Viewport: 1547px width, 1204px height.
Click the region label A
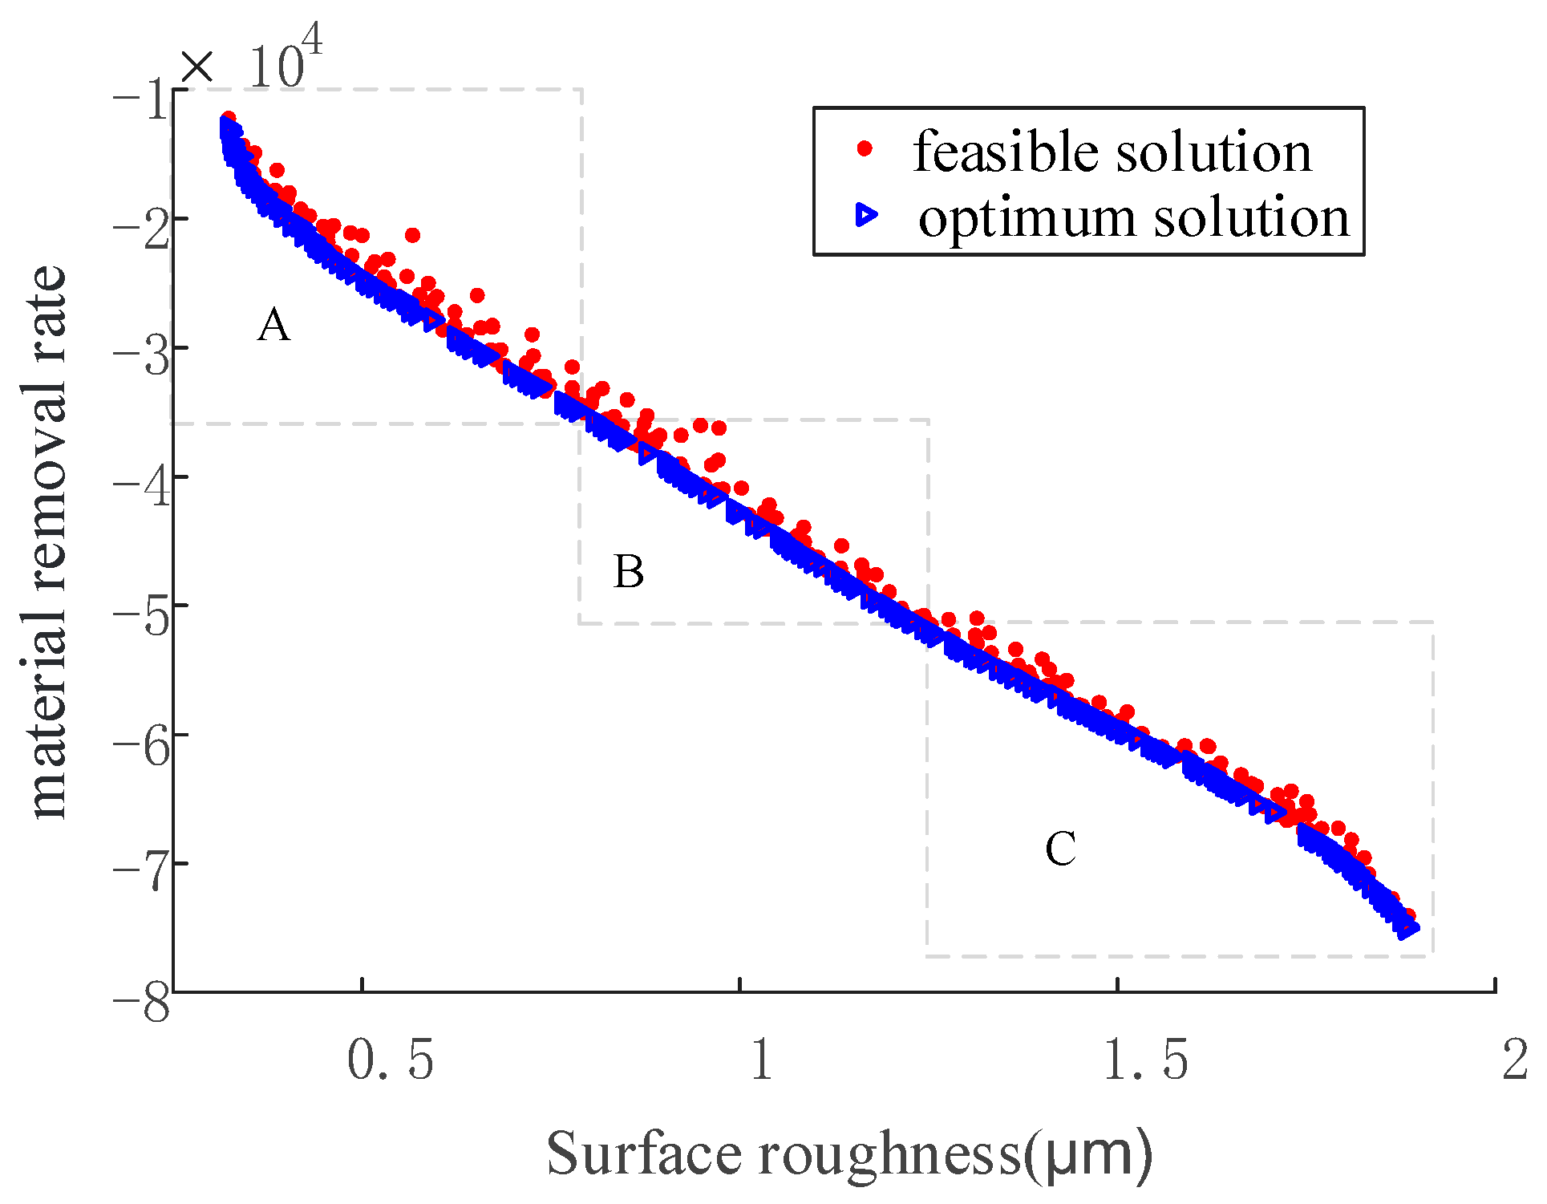coord(273,326)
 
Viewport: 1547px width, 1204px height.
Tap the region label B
coord(629,573)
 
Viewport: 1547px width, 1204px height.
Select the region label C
coord(1060,849)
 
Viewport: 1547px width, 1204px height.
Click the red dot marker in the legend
coord(865,148)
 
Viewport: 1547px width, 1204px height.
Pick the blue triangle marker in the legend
coord(866,215)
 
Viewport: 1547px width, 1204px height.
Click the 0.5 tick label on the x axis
coord(391,1060)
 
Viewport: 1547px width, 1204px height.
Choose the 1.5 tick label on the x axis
coord(1145,1060)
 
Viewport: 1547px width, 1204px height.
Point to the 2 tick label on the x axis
coord(1515,1060)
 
